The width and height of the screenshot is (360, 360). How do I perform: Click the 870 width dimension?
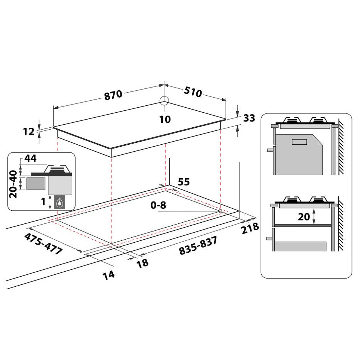pyautogui.click(x=113, y=95)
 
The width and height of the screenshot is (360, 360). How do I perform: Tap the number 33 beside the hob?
pyautogui.click(x=249, y=118)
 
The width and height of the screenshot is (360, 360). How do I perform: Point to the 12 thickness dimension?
pyautogui.click(x=29, y=132)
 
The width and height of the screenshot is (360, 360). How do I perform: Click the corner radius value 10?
pyautogui.click(x=165, y=119)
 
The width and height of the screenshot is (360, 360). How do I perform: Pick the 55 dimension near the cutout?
pyautogui.click(x=184, y=182)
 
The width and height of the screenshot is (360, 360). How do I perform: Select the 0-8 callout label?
pyautogui.click(x=158, y=205)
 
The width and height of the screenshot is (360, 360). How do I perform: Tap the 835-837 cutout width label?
pyautogui.click(x=198, y=246)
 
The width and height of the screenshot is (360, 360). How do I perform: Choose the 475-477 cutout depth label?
pyautogui.click(x=43, y=243)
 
